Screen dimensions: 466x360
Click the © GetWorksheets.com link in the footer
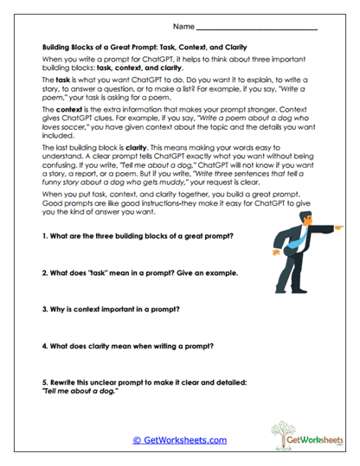tap(180, 440)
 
